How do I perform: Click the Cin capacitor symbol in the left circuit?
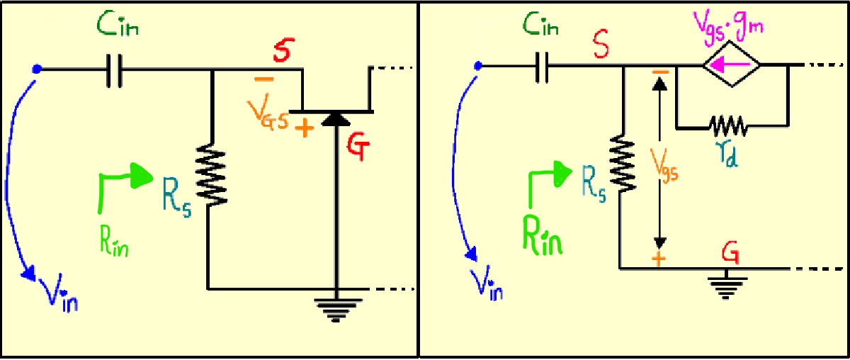click(113, 69)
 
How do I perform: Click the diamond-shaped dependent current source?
click(732, 67)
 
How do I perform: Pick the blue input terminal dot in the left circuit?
click(38, 69)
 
